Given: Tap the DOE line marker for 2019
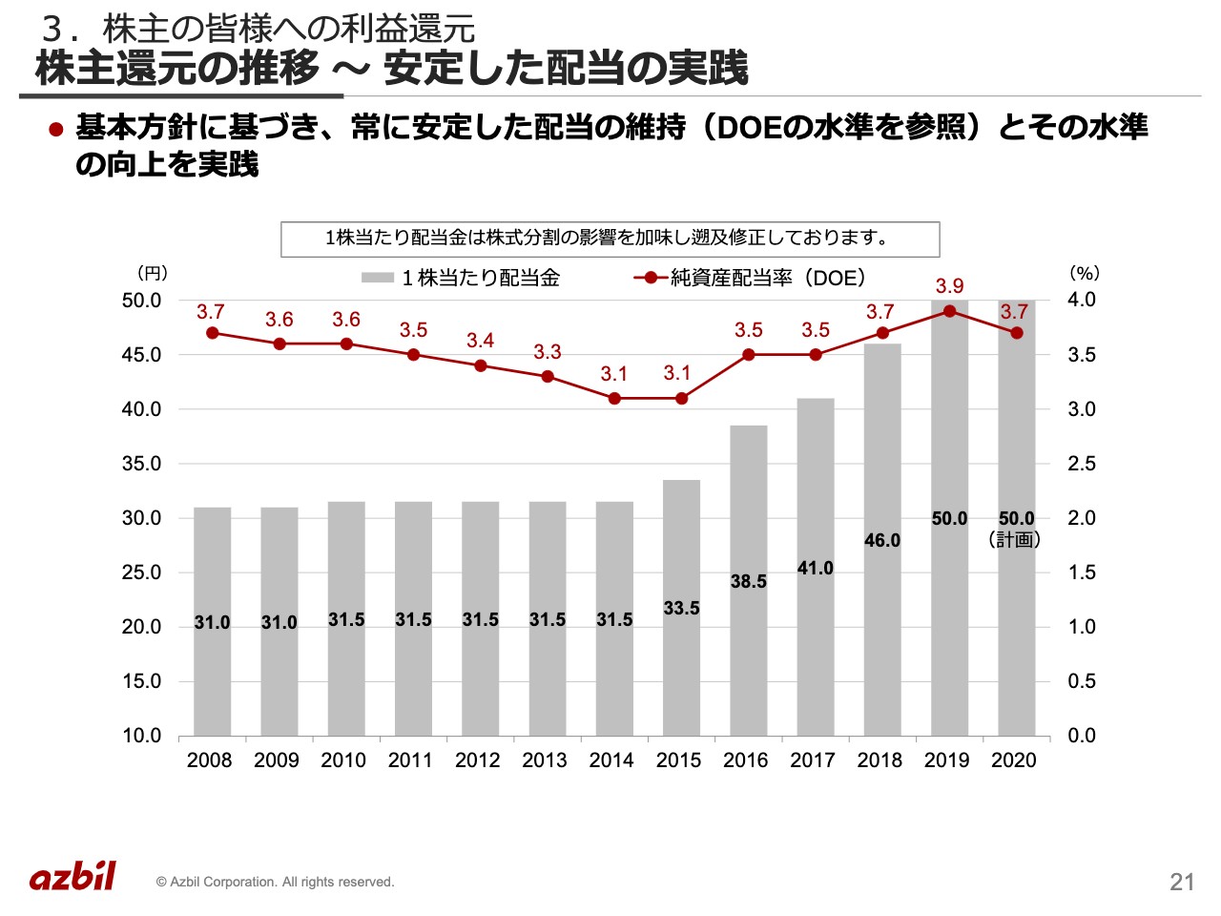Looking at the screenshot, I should pos(950,311).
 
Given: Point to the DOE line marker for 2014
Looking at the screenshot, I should pos(614,398).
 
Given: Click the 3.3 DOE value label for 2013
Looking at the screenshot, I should pos(548,352).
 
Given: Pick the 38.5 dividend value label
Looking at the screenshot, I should pos(749,581).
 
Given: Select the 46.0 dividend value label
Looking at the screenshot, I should pos(882,540).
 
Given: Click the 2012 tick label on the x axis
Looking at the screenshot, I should pos(477,760).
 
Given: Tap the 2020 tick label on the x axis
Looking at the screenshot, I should pos(1014,760).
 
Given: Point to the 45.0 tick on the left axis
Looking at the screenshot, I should pos(142,355).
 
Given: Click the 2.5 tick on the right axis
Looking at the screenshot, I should pos(1082,464).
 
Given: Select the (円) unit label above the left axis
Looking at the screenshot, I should pos(153,273).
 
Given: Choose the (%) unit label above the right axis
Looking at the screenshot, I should pos(1085,273).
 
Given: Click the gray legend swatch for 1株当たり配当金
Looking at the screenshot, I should pos(378,278).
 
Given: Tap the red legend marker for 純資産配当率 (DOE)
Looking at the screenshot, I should pos(651,278).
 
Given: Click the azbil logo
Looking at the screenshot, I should pos(72,876).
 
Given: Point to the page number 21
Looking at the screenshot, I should pos(1182,882).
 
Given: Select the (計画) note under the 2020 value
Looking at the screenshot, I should pos(1015,540).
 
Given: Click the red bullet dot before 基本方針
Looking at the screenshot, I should pos(55,129).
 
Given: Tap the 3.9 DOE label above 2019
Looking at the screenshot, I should pos(949,286).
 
